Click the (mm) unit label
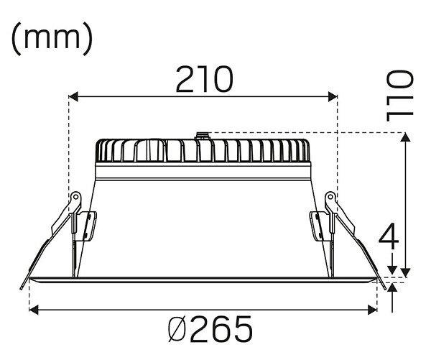tap(52, 39)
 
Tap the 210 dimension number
tap(205, 79)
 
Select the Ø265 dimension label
tap(210, 329)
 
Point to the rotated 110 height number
tap(400, 96)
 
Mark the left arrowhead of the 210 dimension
tap(73, 97)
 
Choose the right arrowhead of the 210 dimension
tap(333, 97)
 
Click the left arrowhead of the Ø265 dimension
tap(34, 310)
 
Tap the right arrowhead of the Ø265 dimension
tap(372, 310)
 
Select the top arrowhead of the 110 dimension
tap(405, 137)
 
